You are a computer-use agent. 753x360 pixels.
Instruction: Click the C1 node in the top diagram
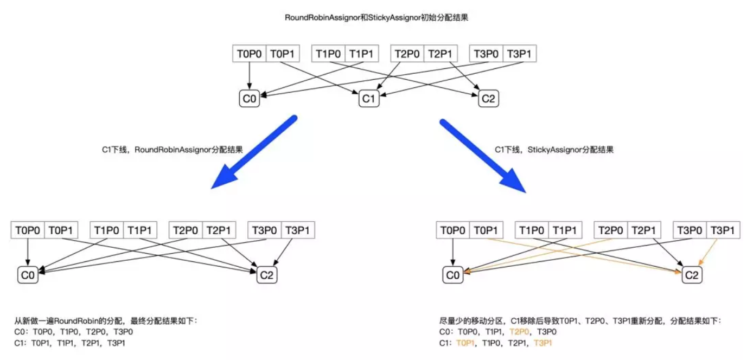(368, 99)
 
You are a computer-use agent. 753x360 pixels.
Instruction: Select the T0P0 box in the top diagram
(249, 54)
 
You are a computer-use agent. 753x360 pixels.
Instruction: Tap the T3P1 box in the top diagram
(520, 54)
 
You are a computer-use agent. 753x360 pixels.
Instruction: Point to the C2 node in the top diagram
(488, 99)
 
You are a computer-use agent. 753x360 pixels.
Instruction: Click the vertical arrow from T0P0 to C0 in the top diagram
(249, 75)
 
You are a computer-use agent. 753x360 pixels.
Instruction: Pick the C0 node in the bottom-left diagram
(28, 275)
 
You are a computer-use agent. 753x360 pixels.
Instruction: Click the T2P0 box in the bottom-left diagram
(186, 230)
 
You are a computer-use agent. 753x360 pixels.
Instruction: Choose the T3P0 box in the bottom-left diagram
(264, 230)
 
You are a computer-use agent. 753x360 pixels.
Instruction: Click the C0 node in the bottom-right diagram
(453, 275)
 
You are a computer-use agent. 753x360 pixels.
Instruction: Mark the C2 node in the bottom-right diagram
(692, 275)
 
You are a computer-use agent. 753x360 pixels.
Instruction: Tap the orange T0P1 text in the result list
(466, 343)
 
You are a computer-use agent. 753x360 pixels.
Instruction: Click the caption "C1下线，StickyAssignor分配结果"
(554, 150)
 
